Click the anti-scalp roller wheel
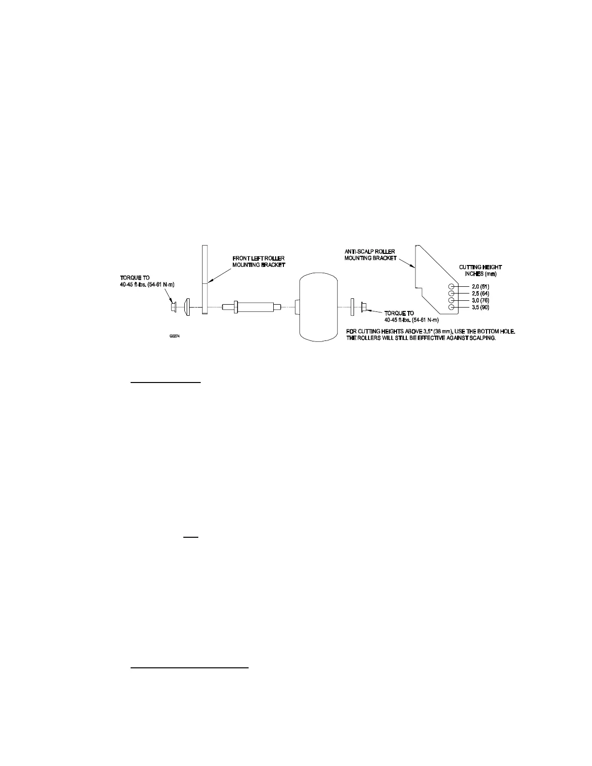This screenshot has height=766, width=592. (x=318, y=308)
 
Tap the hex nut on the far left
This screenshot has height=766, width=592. (x=175, y=307)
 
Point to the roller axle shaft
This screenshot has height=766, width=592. (x=252, y=307)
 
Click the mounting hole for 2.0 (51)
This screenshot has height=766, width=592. (x=451, y=286)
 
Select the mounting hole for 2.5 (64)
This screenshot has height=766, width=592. (x=451, y=294)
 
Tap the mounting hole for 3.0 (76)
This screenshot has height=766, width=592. (x=451, y=300)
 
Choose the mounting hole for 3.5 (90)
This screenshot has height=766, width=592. (x=451, y=308)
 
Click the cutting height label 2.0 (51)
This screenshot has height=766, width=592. (x=480, y=287)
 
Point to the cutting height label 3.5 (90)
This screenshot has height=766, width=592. (x=480, y=308)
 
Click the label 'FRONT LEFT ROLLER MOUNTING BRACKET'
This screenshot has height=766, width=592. (x=259, y=262)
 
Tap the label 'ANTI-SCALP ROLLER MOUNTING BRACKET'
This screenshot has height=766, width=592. (x=370, y=255)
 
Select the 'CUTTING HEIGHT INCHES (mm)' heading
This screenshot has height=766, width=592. (x=480, y=270)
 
